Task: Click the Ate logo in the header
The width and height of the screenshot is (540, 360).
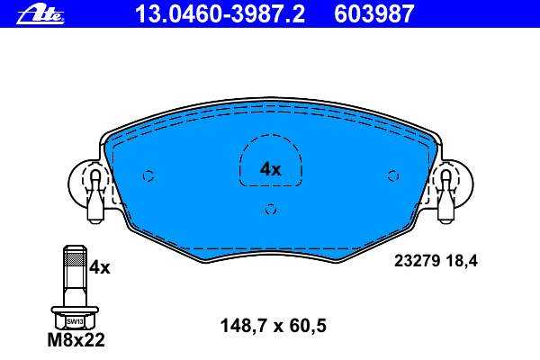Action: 40,15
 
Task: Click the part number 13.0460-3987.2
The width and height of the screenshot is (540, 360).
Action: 220,14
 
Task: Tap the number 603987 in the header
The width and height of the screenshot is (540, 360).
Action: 373,14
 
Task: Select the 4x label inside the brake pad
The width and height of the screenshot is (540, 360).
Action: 270,169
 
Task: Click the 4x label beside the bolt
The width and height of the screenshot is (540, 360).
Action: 100,267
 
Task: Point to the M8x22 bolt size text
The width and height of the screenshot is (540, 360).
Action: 76,340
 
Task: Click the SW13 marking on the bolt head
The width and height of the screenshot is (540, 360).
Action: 75,322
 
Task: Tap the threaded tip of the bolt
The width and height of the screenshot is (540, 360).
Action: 75,256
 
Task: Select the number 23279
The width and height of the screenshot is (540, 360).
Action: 417,261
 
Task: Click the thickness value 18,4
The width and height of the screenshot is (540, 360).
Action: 462,261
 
